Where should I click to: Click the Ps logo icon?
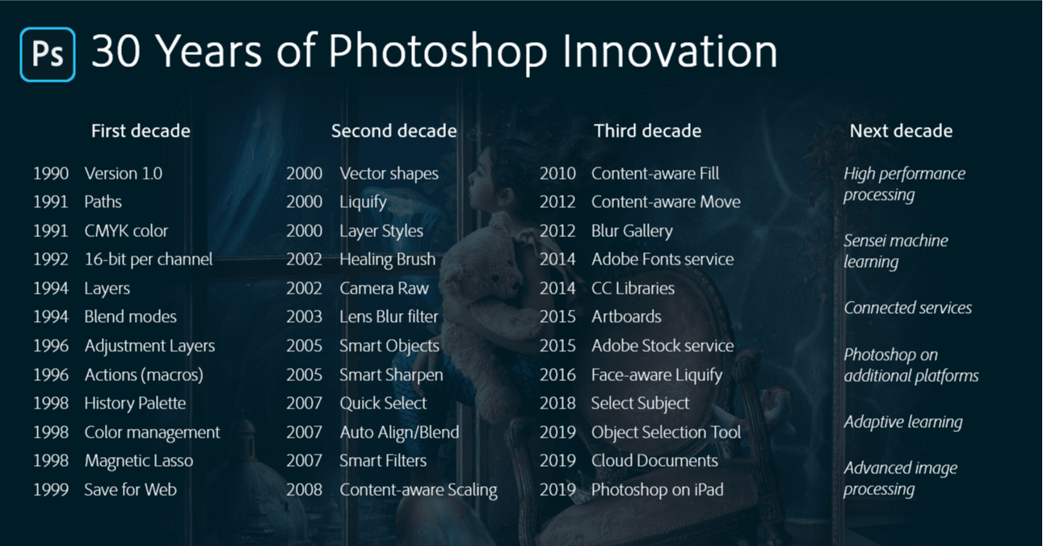coord(48,54)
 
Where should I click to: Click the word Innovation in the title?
coord(670,51)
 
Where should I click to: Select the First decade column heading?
coord(141,131)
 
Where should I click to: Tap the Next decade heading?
coord(901,131)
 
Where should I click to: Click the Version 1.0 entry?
coord(124,173)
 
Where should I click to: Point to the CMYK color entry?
coord(126,231)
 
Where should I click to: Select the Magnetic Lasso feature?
coord(139,461)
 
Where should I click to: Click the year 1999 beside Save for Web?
coord(51,489)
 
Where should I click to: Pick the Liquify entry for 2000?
coord(364,202)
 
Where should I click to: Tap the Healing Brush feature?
coord(388,260)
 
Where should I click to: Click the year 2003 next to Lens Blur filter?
coord(304,317)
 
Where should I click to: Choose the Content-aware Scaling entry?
coord(418,490)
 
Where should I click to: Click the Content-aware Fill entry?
coord(655,173)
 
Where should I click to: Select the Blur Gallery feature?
coord(632,231)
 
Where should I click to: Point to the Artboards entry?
coord(626,317)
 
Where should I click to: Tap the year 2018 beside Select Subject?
coord(557,404)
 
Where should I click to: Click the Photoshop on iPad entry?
coord(658,490)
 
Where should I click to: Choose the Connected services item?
coord(907,307)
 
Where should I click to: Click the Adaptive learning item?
coord(903,422)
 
